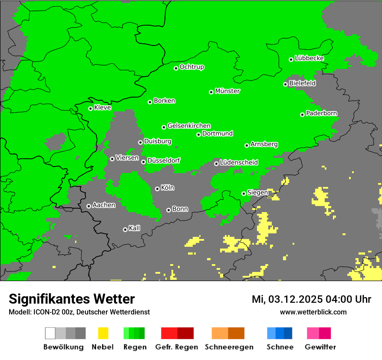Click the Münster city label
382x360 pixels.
click(x=227, y=91)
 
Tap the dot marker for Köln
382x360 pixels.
click(x=157, y=189)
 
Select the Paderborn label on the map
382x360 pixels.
click(x=322, y=114)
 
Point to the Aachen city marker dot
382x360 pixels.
click(x=89, y=206)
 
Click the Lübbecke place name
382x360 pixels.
click(x=310, y=58)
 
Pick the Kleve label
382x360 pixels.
click(x=103, y=108)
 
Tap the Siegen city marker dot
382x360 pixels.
click(x=244, y=193)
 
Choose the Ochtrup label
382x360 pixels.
click(x=192, y=67)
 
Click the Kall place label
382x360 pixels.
click(x=135, y=228)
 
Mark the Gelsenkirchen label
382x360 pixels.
click(x=189, y=126)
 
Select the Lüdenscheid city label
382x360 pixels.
click(x=239, y=163)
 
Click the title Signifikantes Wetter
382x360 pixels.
click(x=72, y=299)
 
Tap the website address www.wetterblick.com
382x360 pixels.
click(x=313, y=312)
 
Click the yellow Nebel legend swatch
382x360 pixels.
click(x=102, y=333)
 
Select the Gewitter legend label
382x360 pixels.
click(x=320, y=347)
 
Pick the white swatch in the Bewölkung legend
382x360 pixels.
click(x=50, y=333)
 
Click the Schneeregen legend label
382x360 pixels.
click(x=229, y=347)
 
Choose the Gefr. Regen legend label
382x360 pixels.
click(x=176, y=347)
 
